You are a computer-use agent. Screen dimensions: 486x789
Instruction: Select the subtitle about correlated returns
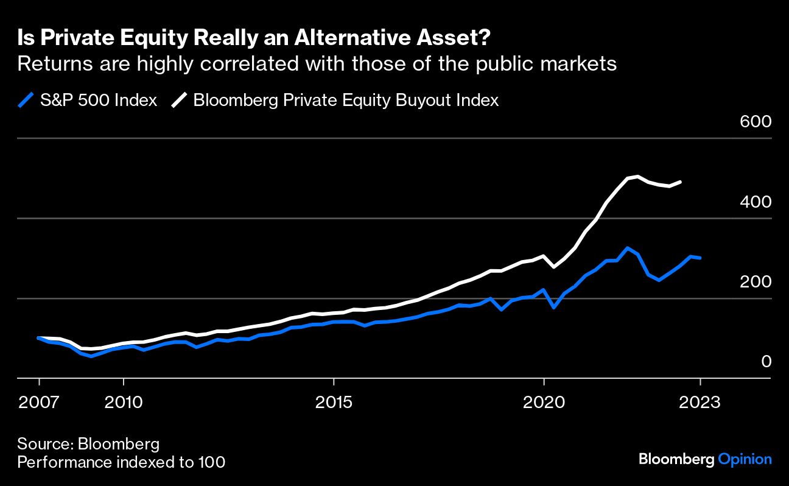click(x=317, y=63)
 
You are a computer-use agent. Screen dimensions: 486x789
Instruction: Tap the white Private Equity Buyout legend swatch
click(x=180, y=100)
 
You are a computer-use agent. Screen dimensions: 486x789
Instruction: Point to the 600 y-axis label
click(x=755, y=121)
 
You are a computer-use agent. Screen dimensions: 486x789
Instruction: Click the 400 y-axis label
click(x=755, y=202)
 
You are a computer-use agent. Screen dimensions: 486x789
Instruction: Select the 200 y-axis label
click(x=755, y=281)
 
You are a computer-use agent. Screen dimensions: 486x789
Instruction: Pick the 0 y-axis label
click(x=765, y=362)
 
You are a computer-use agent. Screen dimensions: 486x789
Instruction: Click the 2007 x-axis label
click(x=38, y=403)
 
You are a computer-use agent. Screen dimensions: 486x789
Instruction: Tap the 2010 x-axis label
click(x=123, y=403)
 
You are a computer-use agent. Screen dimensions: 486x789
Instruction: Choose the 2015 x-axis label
click(x=333, y=403)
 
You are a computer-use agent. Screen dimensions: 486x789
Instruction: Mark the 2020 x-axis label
click(x=543, y=403)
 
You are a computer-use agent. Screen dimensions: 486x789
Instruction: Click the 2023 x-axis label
click(x=700, y=403)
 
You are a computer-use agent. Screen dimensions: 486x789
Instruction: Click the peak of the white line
click(x=637, y=177)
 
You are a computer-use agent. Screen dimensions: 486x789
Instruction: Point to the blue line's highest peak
click(x=627, y=248)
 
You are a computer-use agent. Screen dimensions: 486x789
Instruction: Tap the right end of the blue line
click(x=701, y=258)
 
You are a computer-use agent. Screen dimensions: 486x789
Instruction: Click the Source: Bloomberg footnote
click(x=88, y=443)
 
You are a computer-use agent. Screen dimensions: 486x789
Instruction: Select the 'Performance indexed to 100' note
click(x=121, y=462)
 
